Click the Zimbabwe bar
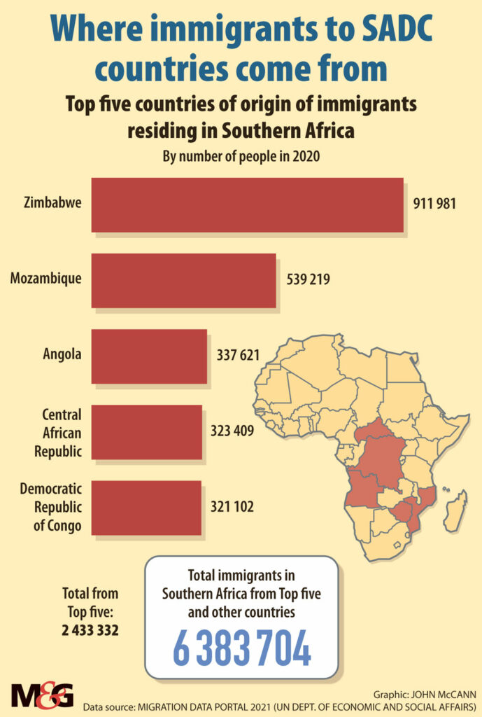pyautogui.click(x=247, y=204)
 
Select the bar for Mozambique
pyautogui.click(x=183, y=279)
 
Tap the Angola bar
pyautogui.click(x=149, y=356)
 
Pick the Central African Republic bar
pyautogui.click(x=146, y=431)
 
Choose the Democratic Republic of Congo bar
pyautogui.click(x=146, y=507)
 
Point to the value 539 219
pyautogui.click(x=309, y=279)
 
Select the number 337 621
pyautogui.click(x=239, y=356)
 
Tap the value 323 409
pyautogui.click(x=232, y=431)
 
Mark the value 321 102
pyautogui.click(x=232, y=507)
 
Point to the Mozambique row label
pyautogui.click(x=45, y=279)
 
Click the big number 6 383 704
pyautogui.click(x=241, y=650)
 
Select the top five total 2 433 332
pyautogui.click(x=90, y=630)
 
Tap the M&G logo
pyautogui.click(x=42, y=695)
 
